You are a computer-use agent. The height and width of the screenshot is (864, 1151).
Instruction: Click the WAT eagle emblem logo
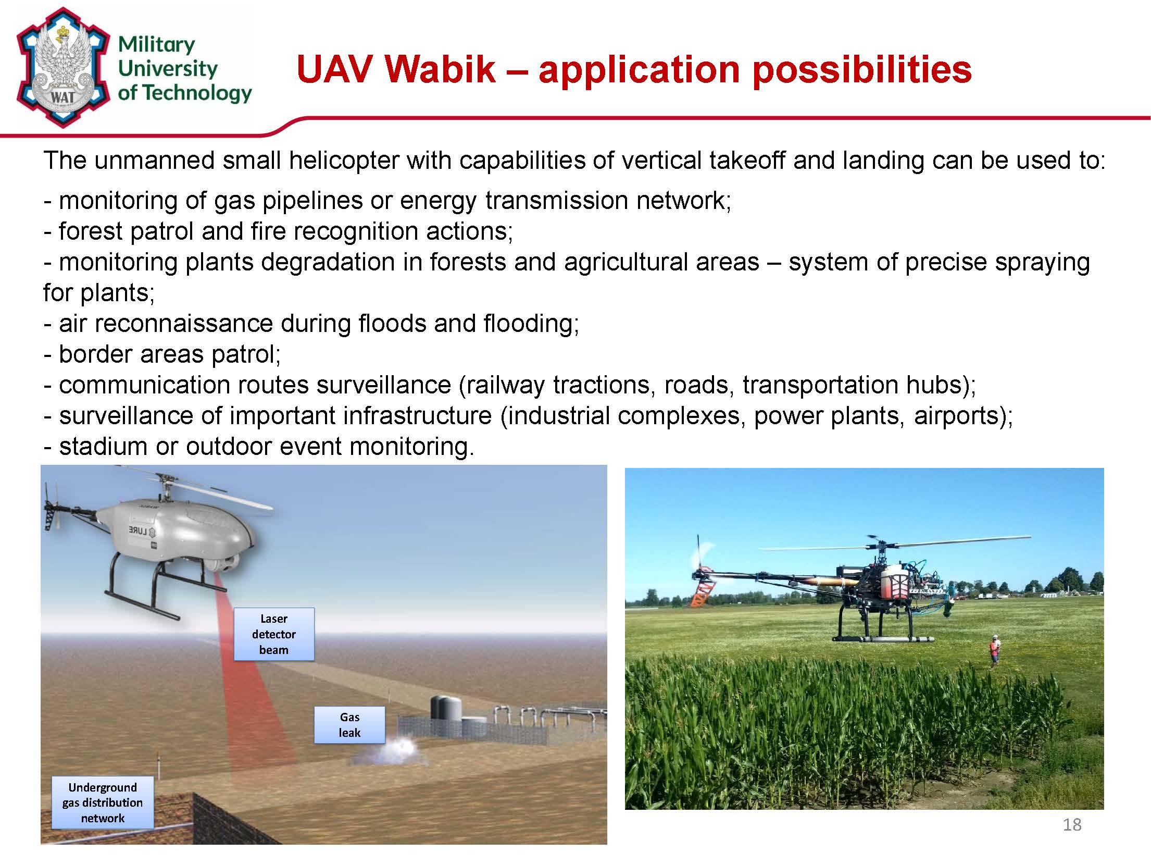coord(64,67)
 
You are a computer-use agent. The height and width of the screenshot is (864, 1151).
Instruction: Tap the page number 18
coord(1072,824)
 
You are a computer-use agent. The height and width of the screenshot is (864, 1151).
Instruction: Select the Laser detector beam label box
coord(274,634)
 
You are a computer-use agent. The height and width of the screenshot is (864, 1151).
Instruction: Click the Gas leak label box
coord(349,725)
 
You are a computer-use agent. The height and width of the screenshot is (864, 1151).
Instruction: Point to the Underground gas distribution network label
coord(103,803)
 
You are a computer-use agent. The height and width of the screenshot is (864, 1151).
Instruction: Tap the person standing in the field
coord(994,651)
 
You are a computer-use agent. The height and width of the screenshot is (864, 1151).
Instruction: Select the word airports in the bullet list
coord(962,416)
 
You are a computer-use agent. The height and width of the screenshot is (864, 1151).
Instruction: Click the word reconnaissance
coord(184,324)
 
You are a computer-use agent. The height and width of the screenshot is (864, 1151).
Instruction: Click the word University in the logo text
coord(167,69)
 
